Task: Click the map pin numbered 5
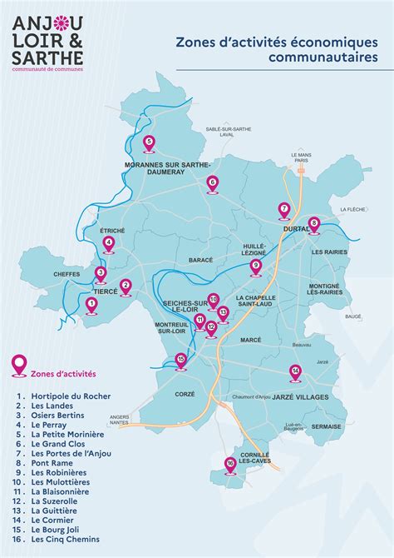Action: [149, 143]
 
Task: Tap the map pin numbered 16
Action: [230, 464]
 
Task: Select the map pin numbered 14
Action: [294, 371]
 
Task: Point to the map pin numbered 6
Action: [212, 183]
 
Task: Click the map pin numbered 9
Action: [255, 266]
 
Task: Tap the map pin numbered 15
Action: [181, 361]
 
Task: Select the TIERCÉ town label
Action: [106, 292]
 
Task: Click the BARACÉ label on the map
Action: [201, 261]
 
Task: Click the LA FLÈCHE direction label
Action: [352, 210]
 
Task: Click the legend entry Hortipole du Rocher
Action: [71, 396]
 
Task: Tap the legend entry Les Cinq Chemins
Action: [67, 540]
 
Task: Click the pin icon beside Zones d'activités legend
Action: [18, 364]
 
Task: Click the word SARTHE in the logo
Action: [47, 57]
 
